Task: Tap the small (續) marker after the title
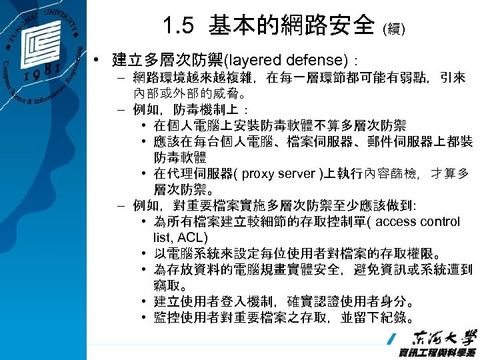click(x=392, y=29)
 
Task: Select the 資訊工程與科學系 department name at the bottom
click(x=437, y=352)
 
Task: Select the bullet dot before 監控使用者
click(x=145, y=317)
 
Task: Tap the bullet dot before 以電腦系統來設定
click(x=145, y=254)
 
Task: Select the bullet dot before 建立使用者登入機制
click(x=145, y=301)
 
